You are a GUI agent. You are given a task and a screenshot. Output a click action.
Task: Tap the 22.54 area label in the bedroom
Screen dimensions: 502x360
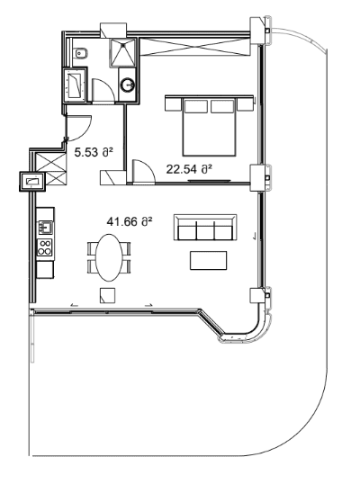(x=189, y=167)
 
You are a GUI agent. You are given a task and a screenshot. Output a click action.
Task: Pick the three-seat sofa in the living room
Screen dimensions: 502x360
(x=205, y=229)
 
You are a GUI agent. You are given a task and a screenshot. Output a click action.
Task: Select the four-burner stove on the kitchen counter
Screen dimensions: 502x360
(x=44, y=245)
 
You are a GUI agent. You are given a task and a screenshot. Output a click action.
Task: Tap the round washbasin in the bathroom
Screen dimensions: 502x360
(x=130, y=86)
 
